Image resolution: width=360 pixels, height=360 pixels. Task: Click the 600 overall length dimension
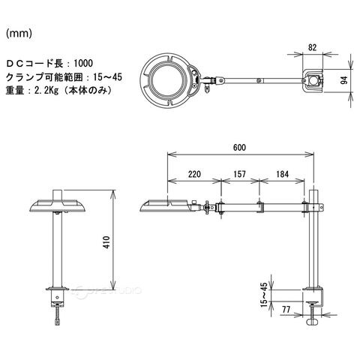click(x=239, y=147)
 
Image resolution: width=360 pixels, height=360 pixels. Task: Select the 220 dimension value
click(x=194, y=174)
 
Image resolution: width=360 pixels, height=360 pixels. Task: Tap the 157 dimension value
click(x=239, y=174)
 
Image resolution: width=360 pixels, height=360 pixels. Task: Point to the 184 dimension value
click(x=282, y=174)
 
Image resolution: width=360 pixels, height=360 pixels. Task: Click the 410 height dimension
click(x=106, y=241)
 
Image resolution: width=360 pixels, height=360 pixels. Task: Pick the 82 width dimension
click(x=312, y=47)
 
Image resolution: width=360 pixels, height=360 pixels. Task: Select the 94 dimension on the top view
click(x=344, y=80)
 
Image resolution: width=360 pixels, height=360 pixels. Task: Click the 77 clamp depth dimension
click(x=286, y=310)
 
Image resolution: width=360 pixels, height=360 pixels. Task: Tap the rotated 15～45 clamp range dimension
click(x=264, y=295)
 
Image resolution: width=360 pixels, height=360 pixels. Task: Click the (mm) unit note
click(x=19, y=34)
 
